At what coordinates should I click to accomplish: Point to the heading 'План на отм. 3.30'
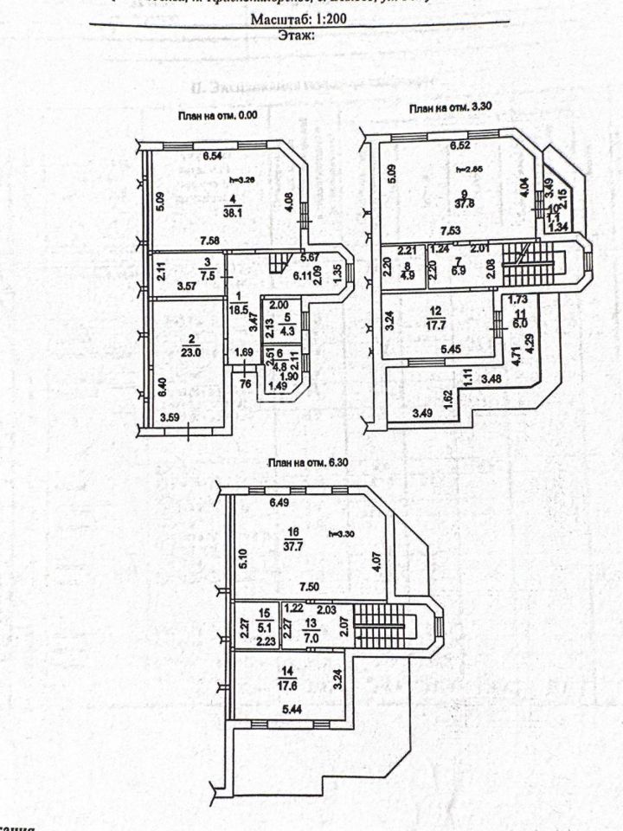pos(449,107)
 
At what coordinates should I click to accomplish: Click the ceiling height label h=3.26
pos(240,181)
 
